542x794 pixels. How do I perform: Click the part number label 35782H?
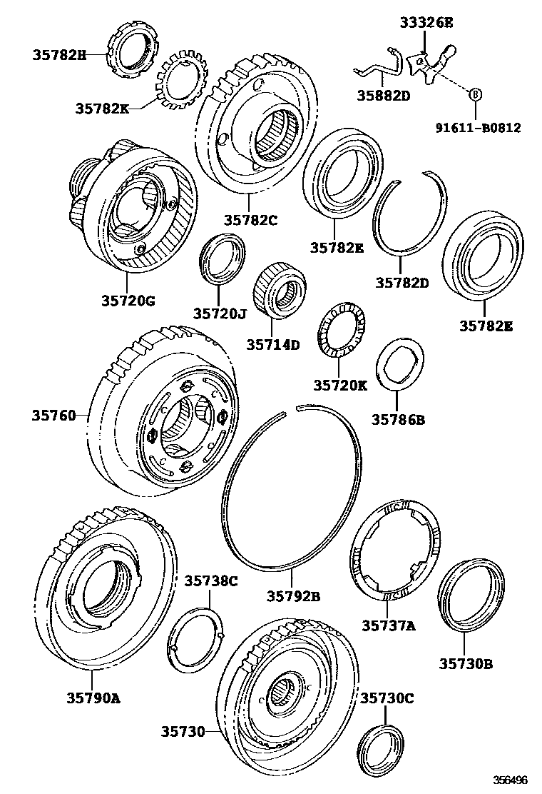tap(58, 54)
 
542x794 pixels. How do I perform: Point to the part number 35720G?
tap(128, 301)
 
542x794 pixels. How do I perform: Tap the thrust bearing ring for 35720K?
tap(340, 326)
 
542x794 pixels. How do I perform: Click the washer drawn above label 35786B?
tap(399, 365)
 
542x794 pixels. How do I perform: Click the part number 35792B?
tap(294, 595)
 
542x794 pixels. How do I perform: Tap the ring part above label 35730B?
tap(471, 596)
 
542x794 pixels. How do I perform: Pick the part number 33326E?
tap(426, 23)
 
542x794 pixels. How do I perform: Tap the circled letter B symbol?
tap(473, 94)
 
